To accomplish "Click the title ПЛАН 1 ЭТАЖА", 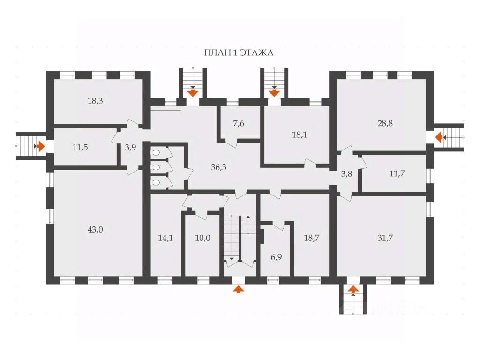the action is [x=239, y=52].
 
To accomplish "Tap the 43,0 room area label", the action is [x=95, y=229].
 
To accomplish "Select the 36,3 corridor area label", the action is [x=218, y=167].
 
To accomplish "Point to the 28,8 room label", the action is [x=385, y=123].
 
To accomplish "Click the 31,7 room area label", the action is [x=385, y=238].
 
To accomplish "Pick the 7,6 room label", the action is [x=239, y=124].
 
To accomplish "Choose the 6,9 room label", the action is [x=276, y=257].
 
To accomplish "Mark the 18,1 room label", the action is [x=299, y=135].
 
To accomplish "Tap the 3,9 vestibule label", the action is [x=130, y=147].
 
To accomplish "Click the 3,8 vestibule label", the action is [x=346, y=174].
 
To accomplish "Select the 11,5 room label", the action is [x=80, y=147].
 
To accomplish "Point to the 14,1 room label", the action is [x=165, y=238].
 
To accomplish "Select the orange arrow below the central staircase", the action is [x=239, y=289].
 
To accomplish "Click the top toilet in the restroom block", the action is [x=156, y=153].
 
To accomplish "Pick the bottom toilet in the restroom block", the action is [x=156, y=183].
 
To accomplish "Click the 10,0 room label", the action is [x=202, y=238].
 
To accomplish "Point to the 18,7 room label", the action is [x=312, y=238].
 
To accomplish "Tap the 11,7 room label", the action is [x=397, y=173].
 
